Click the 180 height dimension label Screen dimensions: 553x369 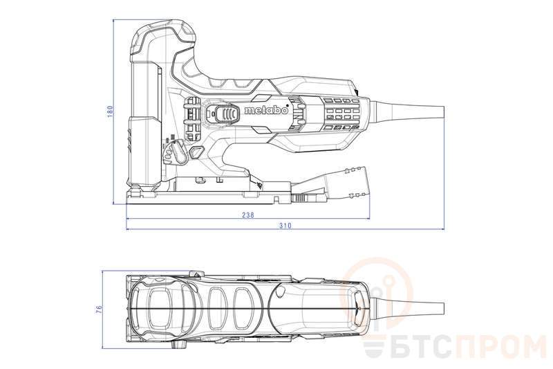(x=110, y=111)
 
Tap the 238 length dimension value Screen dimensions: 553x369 (x=248, y=215)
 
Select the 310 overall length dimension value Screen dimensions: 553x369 (x=285, y=225)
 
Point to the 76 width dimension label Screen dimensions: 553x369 (x=99, y=308)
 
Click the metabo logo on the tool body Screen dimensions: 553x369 (x=266, y=111)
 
